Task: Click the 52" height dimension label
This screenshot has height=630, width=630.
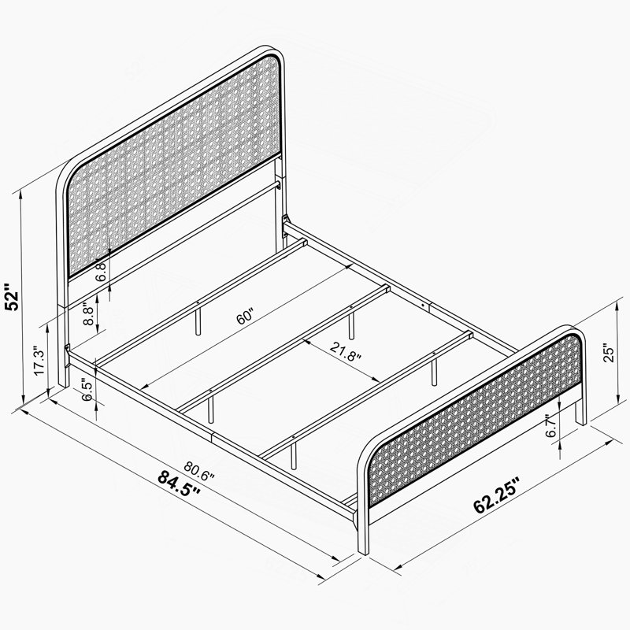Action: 11,298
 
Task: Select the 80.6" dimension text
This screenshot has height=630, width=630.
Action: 199,471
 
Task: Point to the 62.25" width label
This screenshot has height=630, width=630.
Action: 498,495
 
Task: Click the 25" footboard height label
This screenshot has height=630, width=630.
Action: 610,353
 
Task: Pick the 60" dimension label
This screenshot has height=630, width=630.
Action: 245,317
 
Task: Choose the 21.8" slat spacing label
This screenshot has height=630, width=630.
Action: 346,351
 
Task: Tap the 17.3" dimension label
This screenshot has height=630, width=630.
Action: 39,361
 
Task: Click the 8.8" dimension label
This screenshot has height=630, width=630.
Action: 89,314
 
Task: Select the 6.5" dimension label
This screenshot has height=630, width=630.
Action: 87,389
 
